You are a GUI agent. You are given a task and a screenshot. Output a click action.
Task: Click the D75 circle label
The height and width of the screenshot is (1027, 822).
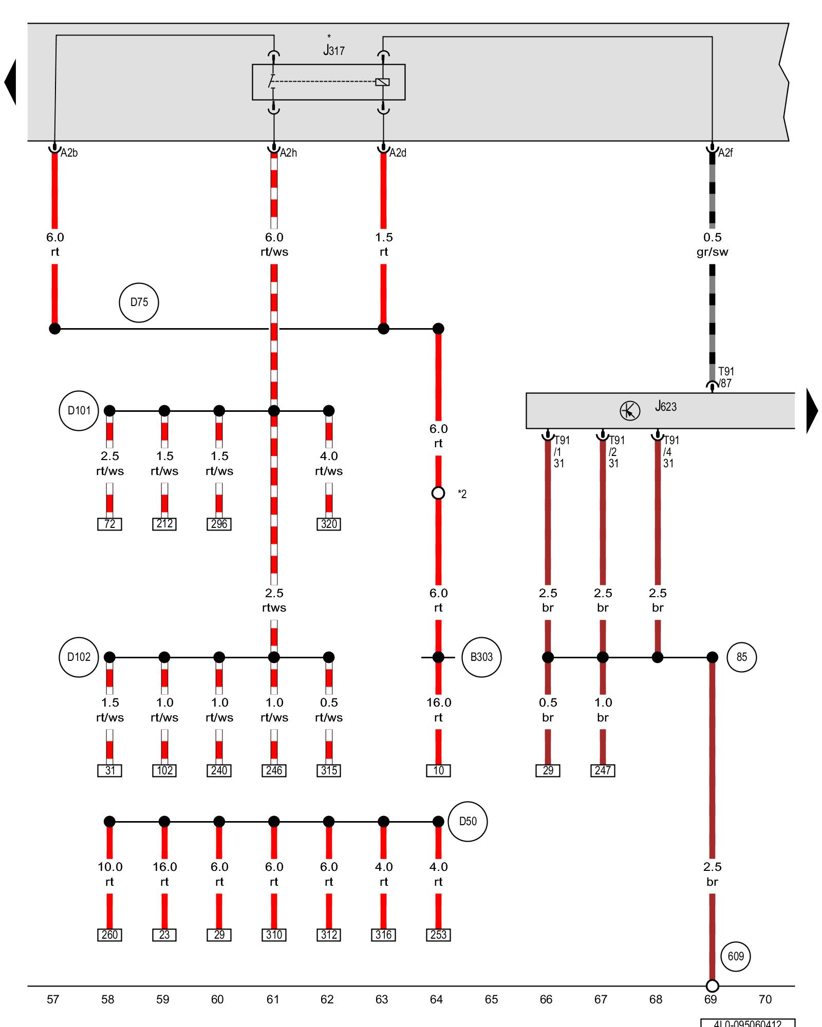pyautogui.click(x=139, y=302)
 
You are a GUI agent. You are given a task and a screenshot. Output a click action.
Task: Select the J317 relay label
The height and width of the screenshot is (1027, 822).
pyautogui.click(x=333, y=50)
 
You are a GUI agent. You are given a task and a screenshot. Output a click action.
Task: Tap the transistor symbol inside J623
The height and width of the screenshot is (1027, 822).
pyautogui.click(x=630, y=411)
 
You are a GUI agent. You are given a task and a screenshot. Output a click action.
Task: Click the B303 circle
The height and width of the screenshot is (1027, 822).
pyautogui.click(x=481, y=657)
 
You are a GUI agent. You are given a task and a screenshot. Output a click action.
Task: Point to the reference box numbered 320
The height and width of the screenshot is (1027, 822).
pyautogui.click(x=329, y=524)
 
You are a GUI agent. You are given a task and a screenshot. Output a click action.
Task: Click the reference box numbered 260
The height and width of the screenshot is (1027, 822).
pyautogui.click(x=109, y=935)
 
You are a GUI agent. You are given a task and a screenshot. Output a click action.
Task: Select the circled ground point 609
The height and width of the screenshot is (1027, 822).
pyautogui.click(x=736, y=956)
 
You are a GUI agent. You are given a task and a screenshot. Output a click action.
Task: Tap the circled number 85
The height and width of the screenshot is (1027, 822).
pyautogui.click(x=741, y=657)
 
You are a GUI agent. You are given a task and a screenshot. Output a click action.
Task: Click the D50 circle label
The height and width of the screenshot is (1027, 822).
pyautogui.click(x=468, y=822)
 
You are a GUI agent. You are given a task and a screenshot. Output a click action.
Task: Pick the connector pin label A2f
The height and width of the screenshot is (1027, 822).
pyautogui.click(x=725, y=153)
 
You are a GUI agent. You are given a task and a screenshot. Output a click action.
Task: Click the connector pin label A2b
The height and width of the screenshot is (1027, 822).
pyautogui.click(x=69, y=153)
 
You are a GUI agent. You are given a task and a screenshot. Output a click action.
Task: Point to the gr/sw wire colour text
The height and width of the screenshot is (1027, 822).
pyautogui.click(x=712, y=252)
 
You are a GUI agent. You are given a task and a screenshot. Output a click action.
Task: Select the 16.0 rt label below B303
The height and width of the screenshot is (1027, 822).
pyautogui.click(x=438, y=710)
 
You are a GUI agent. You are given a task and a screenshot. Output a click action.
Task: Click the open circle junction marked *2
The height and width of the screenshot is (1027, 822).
pyautogui.click(x=438, y=493)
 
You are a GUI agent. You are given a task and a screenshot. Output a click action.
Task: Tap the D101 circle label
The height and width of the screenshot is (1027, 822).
pyautogui.click(x=79, y=411)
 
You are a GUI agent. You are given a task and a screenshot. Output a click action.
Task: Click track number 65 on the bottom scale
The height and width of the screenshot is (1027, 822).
pyautogui.click(x=491, y=999)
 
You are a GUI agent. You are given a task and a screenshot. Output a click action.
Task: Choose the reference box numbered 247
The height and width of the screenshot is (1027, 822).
pyautogui.click(x=603, y=770)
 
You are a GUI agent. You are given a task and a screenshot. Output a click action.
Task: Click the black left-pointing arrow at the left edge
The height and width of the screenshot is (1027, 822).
pyautogui.click(x=10, y=82)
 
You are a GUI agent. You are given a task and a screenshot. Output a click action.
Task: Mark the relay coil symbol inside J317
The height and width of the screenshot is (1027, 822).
pyautogui.click(x=383, y=82)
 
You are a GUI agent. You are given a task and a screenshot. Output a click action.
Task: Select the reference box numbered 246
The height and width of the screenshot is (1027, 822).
pyautogui.click(x=274, y=770)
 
